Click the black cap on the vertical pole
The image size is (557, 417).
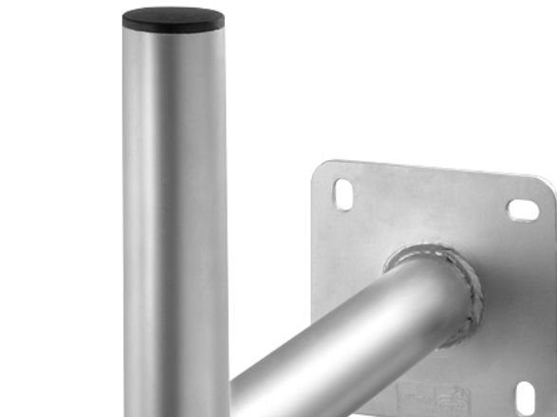point(174,19)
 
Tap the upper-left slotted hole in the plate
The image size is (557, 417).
point(343,194)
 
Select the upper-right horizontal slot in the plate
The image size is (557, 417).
point(523,209)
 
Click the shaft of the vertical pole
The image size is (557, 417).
point(174,218)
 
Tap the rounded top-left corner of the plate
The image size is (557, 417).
point(320,169)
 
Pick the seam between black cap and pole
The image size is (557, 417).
point(174,30)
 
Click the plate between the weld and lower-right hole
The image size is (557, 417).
point(503,351)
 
